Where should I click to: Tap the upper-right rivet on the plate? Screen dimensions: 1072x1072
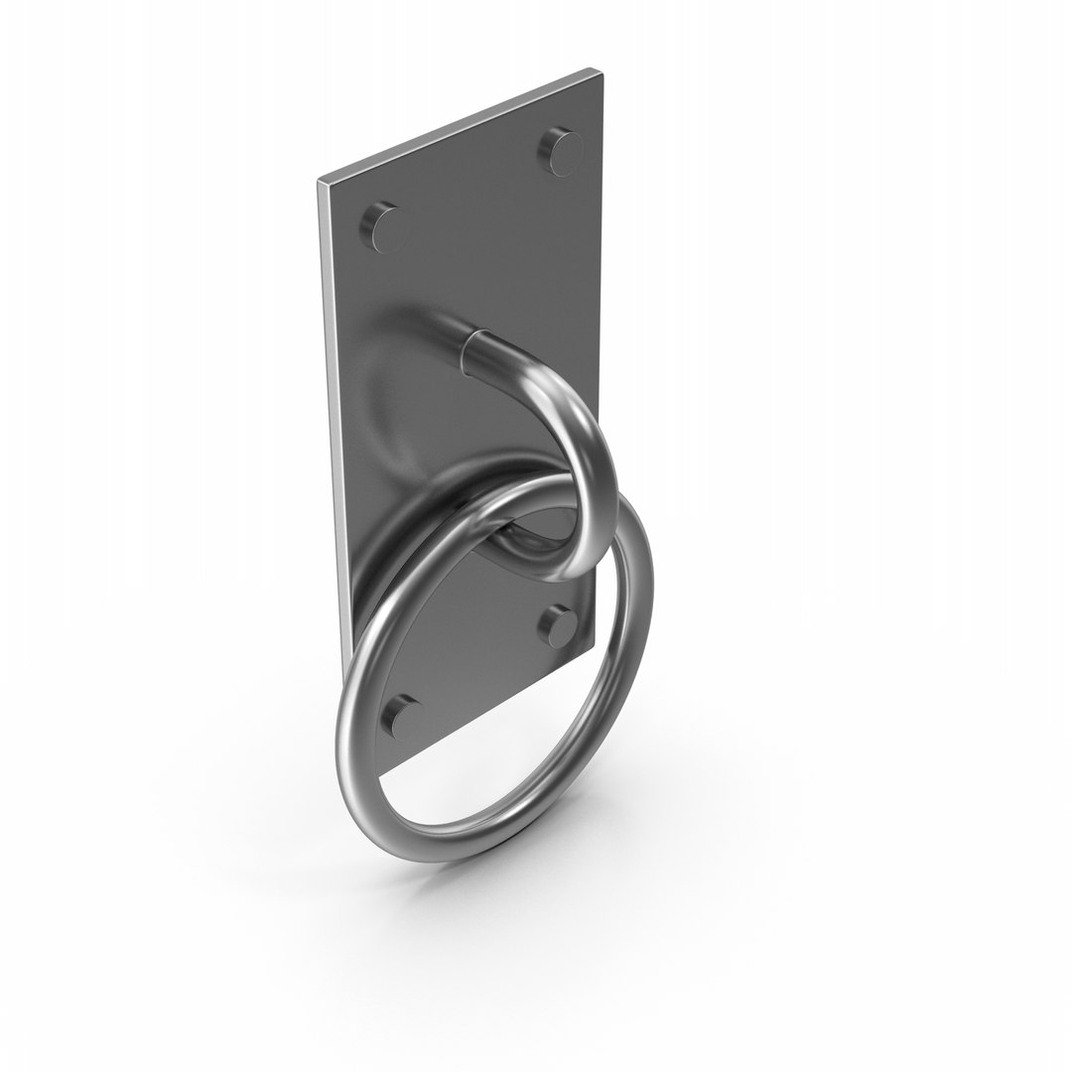[x=562, y=150]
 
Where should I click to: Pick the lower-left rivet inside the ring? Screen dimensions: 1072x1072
[x=400, y=717]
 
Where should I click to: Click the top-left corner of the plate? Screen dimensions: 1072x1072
[x=320, y=182]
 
